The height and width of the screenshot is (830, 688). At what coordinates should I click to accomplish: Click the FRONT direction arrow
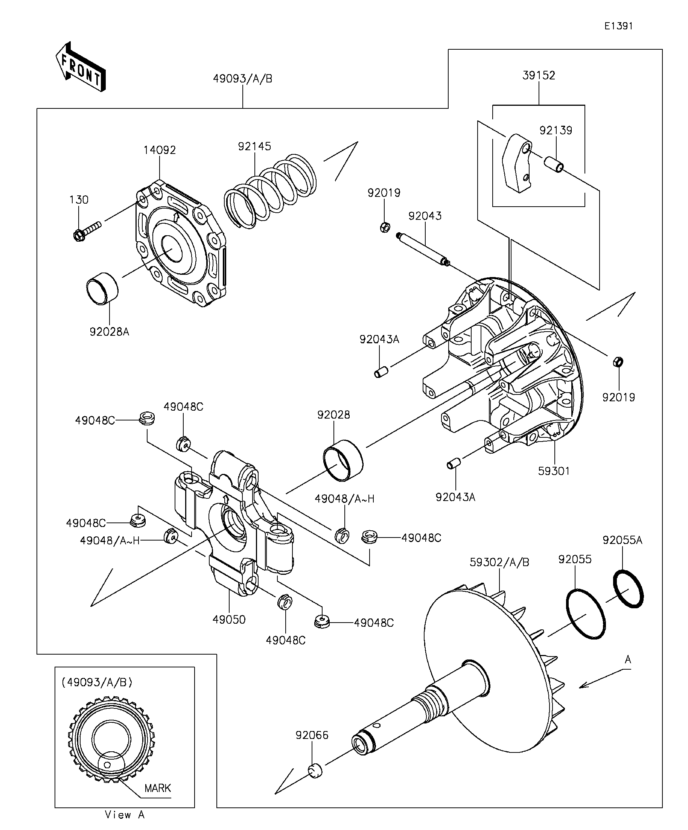(x=81, y=67)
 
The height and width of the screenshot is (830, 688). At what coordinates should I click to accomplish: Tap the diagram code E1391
(x=618, y=26)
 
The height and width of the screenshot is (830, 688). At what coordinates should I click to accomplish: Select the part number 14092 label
(x=160, y=150)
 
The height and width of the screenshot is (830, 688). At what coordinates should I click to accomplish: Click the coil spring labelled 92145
(x=270, y=191)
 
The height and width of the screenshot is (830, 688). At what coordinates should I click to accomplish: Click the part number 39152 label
(x=539, y=76)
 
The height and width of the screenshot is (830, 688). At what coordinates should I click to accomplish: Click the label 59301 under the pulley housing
(x=554, y=471)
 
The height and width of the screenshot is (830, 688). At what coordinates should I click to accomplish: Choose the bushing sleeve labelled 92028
(x=343, y=460)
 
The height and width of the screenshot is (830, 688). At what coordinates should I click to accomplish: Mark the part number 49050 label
(x=229, y=620)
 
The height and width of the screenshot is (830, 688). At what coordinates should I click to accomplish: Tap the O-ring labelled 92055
(x=586, y=614)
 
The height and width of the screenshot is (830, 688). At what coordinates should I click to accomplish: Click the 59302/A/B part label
(x=499, y=562)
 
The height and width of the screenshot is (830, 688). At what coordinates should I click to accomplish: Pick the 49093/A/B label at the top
(x=243, y=79)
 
